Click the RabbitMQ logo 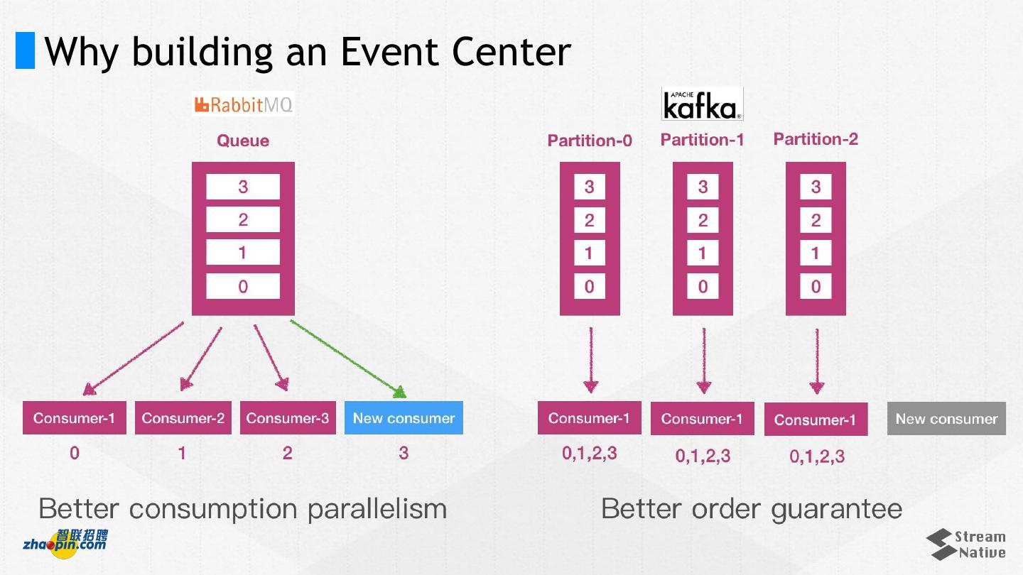click(243, 105)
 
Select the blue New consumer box click(404, 418)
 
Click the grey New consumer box click(946, 419)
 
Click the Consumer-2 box click(183, 418)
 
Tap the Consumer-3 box click(288, 418)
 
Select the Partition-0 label click(590, 141)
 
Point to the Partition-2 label click(816, 139)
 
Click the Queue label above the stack click(243, 141)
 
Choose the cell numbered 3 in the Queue click(243, 187)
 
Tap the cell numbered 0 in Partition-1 click(703, 287)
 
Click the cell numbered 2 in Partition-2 click(816, 220)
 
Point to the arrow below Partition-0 click(590, 360)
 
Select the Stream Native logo click(965, 544)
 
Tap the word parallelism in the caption click(377, 509)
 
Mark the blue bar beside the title click(25, 50)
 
